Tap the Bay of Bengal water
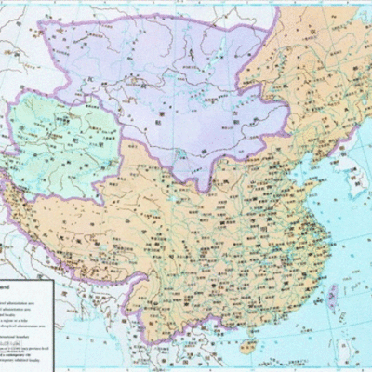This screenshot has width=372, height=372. pyautogui.click(x=102, y=358)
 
